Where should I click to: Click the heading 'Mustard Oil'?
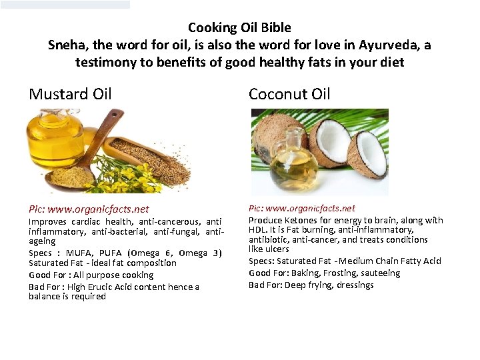[x=70, y=94]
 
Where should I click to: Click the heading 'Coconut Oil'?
[x=289, y=94]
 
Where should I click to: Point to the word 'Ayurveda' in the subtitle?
[x=393, y=45]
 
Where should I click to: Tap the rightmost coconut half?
[x=367, y=153]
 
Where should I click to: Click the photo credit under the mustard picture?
[x=89, y=209]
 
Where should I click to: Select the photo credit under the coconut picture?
[x=302, y=209]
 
